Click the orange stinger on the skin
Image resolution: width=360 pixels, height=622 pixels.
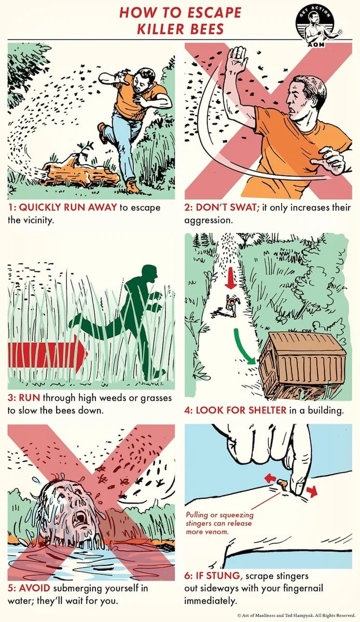[x=282, y=483]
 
